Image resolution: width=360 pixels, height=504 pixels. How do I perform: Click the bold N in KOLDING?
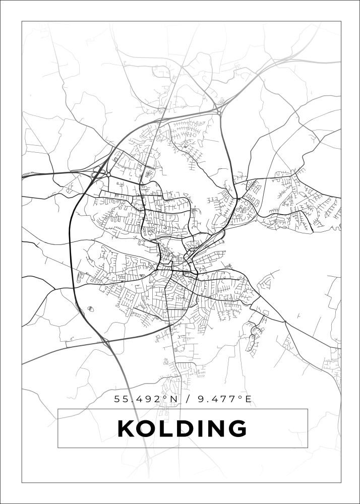pyautogui.click(x=217, y=429)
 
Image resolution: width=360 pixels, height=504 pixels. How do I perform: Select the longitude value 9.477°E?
pyautogui.click(x=221, y=400)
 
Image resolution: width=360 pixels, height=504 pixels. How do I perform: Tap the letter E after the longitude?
pyautogui.click(x=248, y=400)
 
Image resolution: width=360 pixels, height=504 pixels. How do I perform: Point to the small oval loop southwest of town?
pyautogui.click(x=90, y=308)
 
